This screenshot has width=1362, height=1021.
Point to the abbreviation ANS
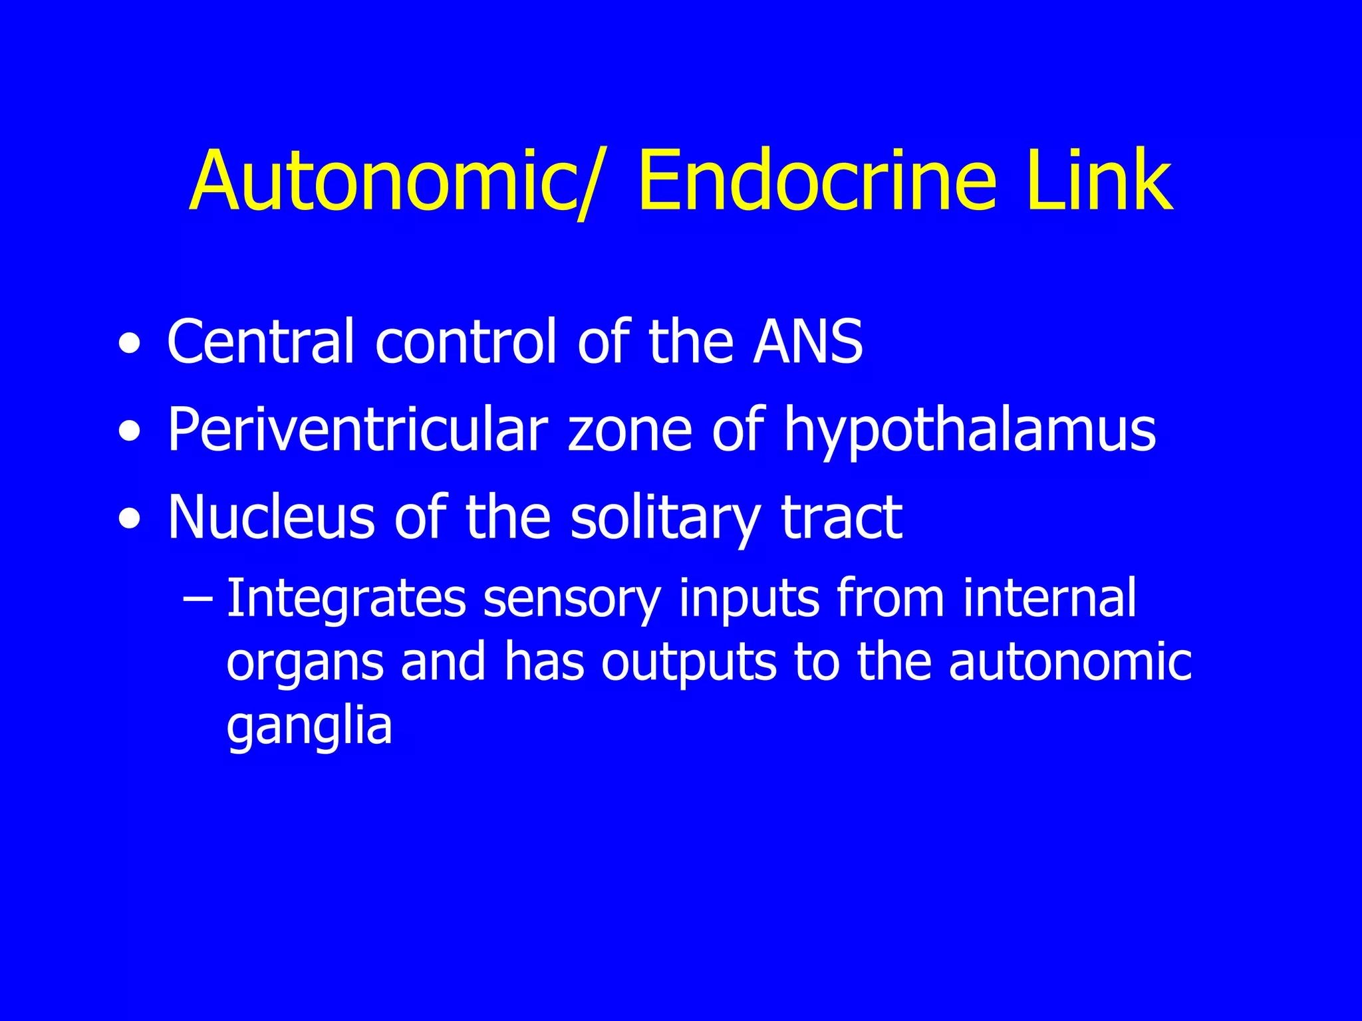click(808, 342)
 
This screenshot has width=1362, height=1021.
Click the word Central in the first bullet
click(260, 342)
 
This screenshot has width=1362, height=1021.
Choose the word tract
click(842, 518)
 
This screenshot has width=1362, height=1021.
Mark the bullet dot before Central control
click(130, 345)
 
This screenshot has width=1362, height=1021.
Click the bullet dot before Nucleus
click(130, 520)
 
